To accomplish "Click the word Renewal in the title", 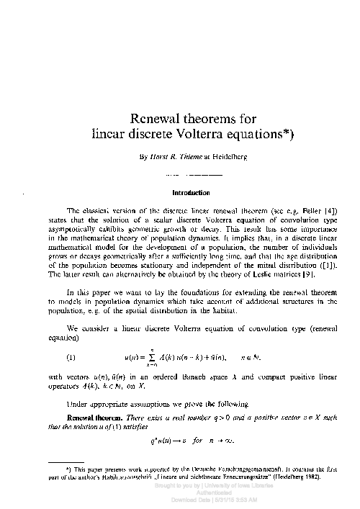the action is click(x=150, y=118).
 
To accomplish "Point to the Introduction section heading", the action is click(x=191, y=193).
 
